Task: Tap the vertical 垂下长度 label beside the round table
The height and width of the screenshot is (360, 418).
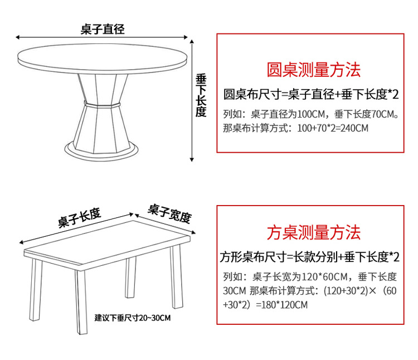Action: point(201,95)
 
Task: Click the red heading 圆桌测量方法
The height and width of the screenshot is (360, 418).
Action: point(314,70)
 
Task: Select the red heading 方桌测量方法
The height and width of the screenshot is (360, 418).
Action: point(314,232)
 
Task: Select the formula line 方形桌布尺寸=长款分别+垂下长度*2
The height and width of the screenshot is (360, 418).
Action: point(310,257)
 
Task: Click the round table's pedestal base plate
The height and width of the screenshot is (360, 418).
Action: point(101,148)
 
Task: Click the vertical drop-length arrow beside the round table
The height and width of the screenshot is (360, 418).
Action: point(193,100)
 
